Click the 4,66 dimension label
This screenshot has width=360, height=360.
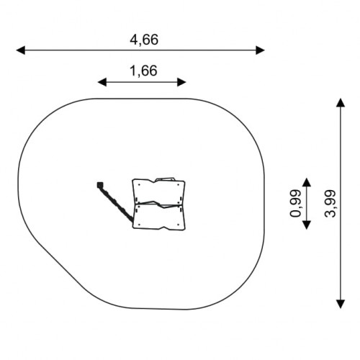(144, 40)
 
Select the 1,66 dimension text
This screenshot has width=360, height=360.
(143, 71)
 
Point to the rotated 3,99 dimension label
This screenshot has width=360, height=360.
(330, 204)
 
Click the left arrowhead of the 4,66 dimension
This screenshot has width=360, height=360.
(20, 50)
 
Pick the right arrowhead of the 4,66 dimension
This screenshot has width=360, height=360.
(260, 50)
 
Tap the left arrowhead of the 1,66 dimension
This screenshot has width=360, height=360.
(102, 82)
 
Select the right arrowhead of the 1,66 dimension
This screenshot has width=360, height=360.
(181, 82)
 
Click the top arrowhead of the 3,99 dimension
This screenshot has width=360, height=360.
(341, 102)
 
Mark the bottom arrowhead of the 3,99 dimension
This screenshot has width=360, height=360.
(341, 304)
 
